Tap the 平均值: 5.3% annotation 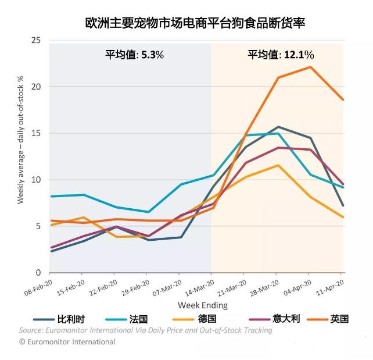point(134,55)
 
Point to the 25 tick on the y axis point(37,40)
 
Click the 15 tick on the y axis point(37,133)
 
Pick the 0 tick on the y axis point(39,273)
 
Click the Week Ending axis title point(203,305)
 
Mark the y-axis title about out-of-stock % point(21,140)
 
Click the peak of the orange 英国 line point(310,67)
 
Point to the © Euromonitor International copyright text point(67,342)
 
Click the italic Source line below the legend point(145,330)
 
